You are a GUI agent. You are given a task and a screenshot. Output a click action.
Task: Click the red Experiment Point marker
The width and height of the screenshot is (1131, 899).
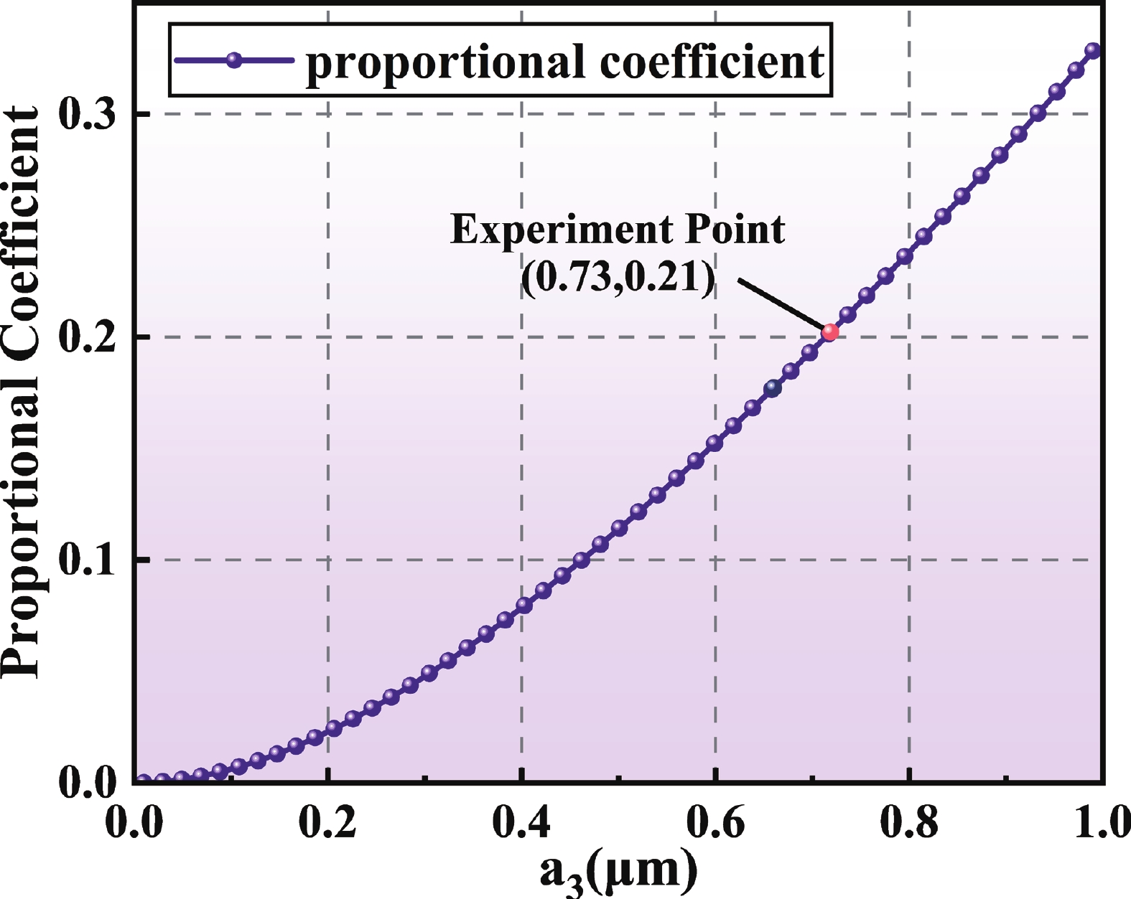(830, 331)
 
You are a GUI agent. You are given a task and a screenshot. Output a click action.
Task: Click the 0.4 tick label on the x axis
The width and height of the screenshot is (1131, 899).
(521, 823)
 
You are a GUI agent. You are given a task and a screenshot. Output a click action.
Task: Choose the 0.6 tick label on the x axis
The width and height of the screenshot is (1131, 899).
(715, 823)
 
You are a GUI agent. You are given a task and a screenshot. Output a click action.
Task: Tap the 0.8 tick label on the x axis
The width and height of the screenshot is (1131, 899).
(909, 823)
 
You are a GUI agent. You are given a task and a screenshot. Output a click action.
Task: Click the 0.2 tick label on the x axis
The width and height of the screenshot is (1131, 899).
(327, 823)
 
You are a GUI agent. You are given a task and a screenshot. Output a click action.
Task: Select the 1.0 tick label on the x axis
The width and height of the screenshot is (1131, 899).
(1102, 823)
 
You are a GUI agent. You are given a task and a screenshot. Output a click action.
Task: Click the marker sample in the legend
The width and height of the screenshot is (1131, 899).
(233, 60)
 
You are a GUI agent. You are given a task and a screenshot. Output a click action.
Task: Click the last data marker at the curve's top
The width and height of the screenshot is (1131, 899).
(1092, 50)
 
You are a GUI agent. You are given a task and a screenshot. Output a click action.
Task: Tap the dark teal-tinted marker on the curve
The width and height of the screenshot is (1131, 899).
(773, 388)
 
